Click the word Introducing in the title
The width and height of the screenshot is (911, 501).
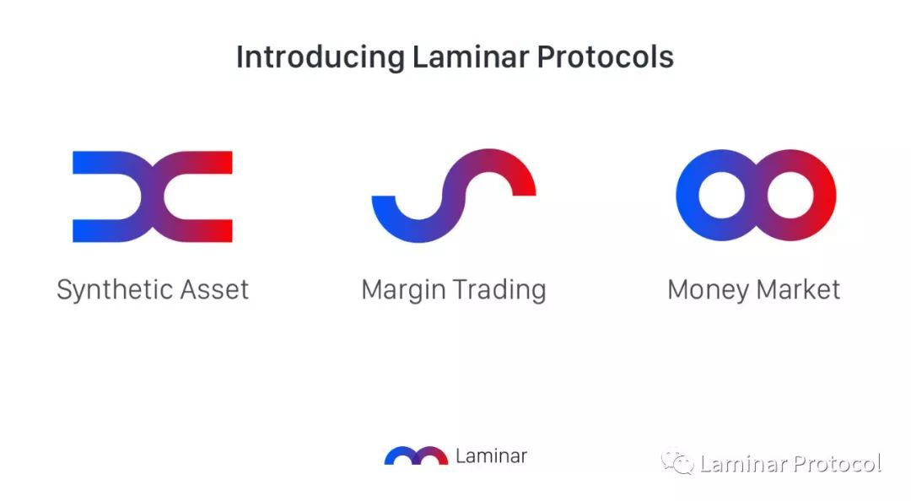[321, 58]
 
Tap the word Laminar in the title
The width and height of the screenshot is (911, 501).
[471, 57]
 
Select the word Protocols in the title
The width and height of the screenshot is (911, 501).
[605, 57]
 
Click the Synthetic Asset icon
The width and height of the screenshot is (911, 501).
[152, 197]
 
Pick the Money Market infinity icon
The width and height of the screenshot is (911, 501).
[756, 196]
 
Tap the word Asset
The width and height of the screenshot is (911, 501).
[214, 290]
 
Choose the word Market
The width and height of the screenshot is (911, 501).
[798, 289]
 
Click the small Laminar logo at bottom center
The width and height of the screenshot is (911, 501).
[416, 455]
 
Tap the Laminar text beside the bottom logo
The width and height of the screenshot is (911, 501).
[491, 456]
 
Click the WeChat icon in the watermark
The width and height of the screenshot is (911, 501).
[677, 463]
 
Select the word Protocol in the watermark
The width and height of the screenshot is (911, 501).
[838, 464]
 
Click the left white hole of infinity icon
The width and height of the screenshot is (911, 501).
[721, 196]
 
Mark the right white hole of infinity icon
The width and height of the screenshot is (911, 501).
[790, 196]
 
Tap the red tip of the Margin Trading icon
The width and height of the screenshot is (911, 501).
[524, 190]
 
